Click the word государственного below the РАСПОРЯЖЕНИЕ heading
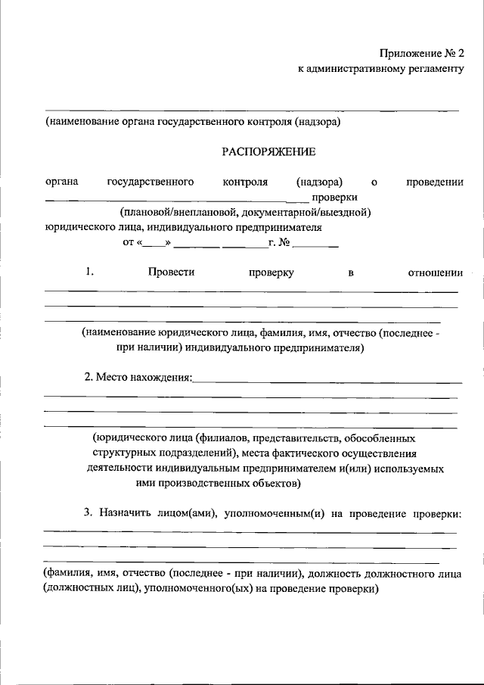coord(150,182)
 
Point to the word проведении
coord(434,182)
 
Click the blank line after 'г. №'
coord(316,244)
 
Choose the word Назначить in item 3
coord(123,514)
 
